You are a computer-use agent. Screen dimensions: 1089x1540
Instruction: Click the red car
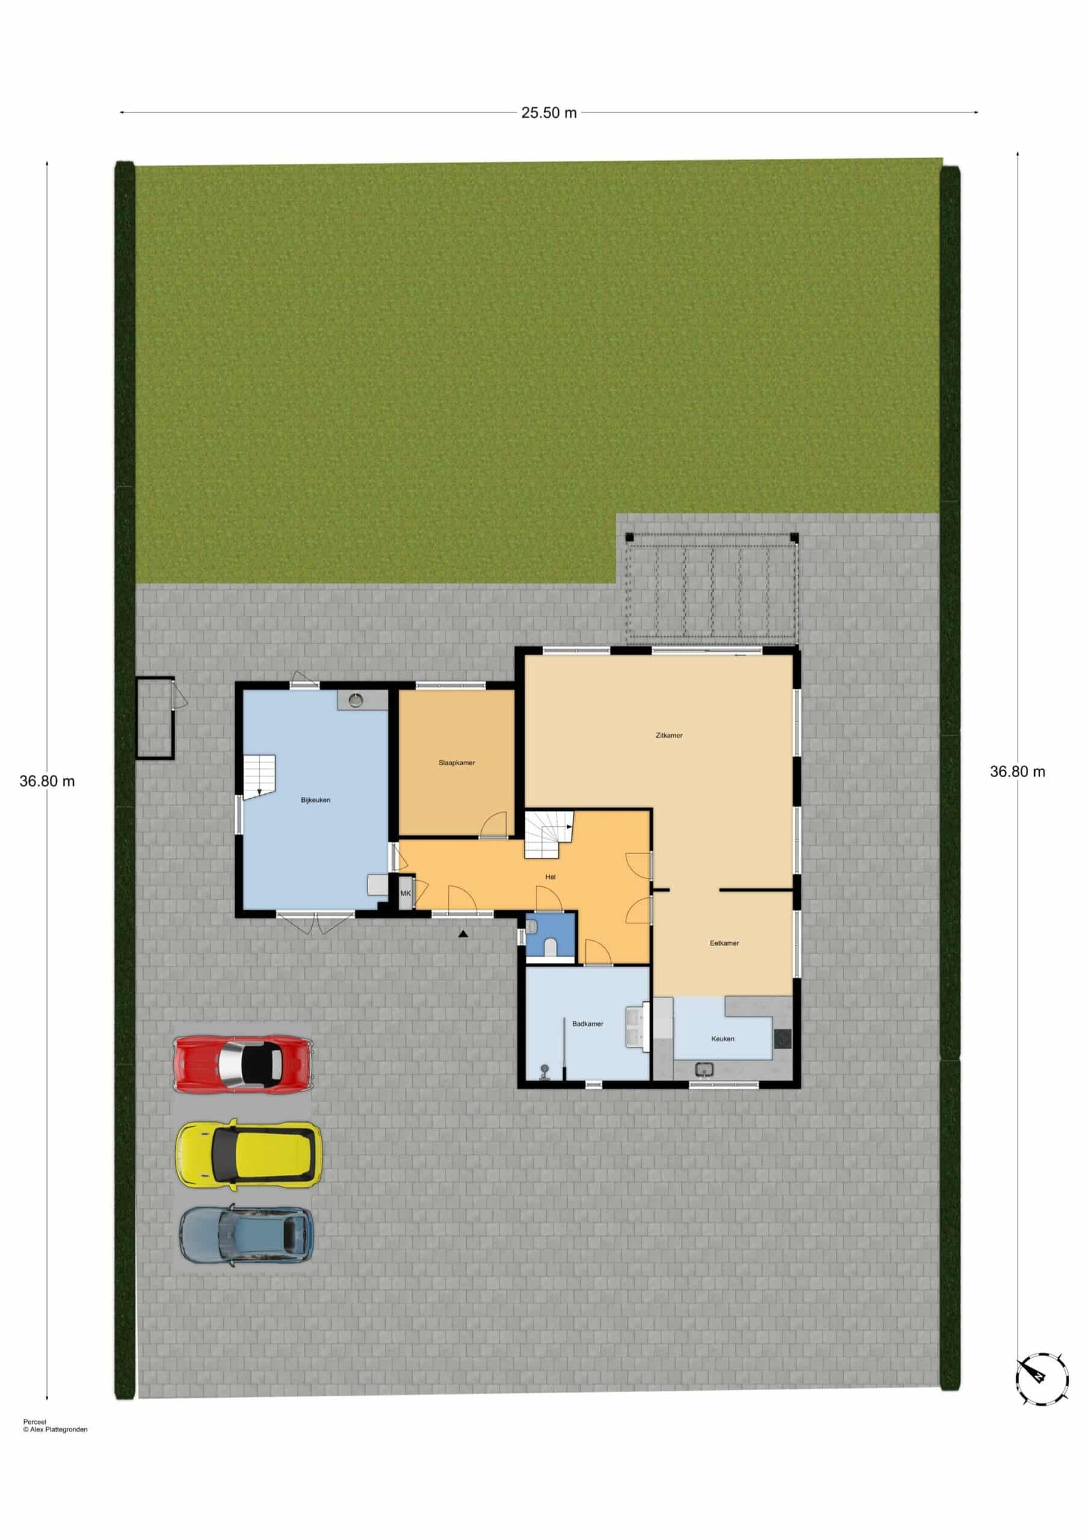click(243, 1064)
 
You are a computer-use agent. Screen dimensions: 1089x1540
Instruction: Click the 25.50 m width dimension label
click(549, 112)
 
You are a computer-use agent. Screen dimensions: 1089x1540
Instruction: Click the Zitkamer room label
click(669, 736)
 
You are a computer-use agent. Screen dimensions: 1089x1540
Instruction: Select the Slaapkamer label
click(457, 763)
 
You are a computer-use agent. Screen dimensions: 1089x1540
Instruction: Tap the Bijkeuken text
click(315, 800)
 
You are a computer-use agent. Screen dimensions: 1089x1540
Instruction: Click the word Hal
click(550, 876)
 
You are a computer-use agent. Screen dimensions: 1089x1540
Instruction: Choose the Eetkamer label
click(724, 943)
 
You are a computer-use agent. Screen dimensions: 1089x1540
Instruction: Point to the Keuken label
click(723, 1038)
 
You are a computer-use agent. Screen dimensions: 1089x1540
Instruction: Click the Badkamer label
click(588, 1023)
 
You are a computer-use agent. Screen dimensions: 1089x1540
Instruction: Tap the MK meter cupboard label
click(406, 893)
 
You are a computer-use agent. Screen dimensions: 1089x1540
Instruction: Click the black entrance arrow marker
click(463, 933)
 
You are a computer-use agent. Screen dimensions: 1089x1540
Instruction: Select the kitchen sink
click(704, 1068)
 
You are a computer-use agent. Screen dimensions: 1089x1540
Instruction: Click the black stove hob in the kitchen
click(782, 1039)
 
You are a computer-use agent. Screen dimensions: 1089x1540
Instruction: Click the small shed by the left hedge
click(155, 718)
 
